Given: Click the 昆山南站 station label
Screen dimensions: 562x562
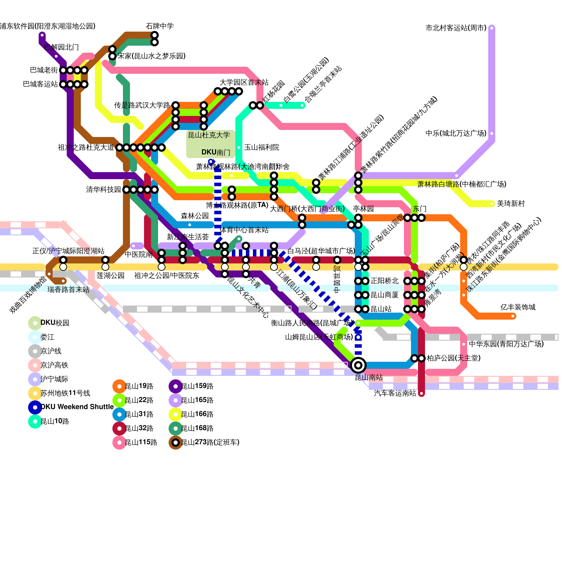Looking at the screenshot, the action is (368, 378).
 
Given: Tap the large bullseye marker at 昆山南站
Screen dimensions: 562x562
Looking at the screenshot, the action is (358, 365).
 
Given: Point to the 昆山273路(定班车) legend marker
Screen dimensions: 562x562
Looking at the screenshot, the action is (175, 443).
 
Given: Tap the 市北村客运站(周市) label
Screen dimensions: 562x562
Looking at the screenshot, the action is (456, 28).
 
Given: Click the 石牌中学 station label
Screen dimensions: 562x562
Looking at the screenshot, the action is (159, 26).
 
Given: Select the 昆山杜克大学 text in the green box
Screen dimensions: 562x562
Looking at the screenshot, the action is (209, 135).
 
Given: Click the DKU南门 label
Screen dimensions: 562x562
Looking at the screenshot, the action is (216, 152).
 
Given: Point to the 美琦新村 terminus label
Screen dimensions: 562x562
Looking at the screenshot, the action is (511, 204).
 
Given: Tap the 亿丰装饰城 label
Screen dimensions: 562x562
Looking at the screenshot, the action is (518, 307).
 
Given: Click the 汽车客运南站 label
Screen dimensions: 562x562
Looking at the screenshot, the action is (395, 393).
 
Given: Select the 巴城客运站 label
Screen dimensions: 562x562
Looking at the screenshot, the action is (40, 84).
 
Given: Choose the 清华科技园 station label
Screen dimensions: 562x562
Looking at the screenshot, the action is (103, 190).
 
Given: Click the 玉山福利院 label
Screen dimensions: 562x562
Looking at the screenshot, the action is (261, 148).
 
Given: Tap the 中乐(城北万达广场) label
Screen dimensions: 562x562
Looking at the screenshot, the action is (456, 133).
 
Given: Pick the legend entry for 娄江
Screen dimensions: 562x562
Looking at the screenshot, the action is (47, 337).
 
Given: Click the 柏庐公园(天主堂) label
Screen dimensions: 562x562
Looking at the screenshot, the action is (453, 358).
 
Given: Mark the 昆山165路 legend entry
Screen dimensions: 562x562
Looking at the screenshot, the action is (197, 400).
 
